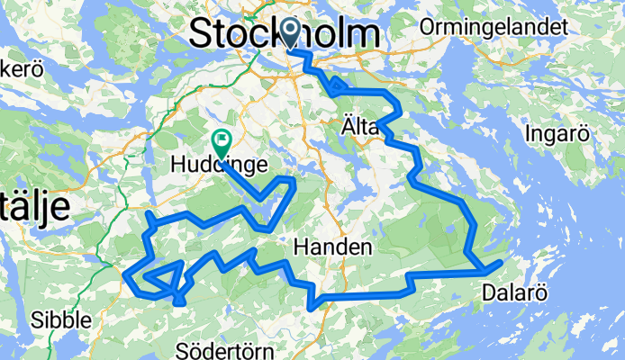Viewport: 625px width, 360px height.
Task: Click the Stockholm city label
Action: click(283, 34)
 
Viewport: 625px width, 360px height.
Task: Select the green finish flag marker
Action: click(221, 141)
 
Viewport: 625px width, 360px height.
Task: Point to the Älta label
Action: click(360, 128)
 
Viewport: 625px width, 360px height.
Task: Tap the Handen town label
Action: click(329, 247)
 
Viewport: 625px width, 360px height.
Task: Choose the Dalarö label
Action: click(513, 292)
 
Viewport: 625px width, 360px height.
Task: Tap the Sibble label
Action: click(61, 319)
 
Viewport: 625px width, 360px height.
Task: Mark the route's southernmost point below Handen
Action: click(312, 308)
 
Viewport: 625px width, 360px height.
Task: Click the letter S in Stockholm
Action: click(202, 34)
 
